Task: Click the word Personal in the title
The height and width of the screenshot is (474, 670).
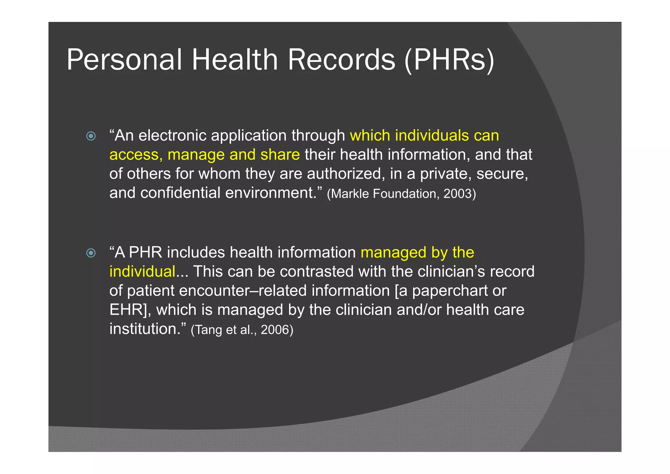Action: point(124,60)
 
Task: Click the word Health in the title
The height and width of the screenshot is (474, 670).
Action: point(235,60)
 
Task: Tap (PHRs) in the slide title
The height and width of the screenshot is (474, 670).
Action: point(450,60)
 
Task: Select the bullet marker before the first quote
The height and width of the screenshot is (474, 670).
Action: point(91,136)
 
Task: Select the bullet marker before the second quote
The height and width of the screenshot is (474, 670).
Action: point(91,253)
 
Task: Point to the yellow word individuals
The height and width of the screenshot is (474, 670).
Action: point(432,136)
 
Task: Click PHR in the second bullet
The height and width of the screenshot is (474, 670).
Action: point(146,252)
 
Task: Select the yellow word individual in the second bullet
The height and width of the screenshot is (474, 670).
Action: point(142,272)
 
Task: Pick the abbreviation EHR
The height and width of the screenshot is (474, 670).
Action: point(126,310)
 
